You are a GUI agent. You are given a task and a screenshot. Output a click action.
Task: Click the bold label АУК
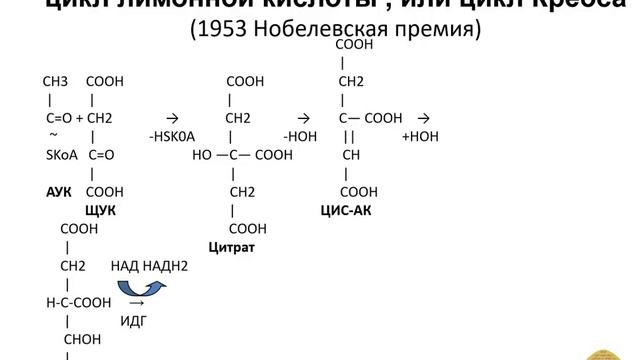pyautogui.click(x=59, y=191)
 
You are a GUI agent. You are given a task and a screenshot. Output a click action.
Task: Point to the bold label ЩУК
pyautogui.click(x=101, y=210)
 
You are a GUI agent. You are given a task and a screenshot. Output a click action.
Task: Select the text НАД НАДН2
pyautogui.click(x=150, y=265)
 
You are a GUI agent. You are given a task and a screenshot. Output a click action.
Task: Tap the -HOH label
pyautogui.click(x=300, y=136)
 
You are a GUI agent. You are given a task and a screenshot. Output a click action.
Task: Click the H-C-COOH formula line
pyautogui.click(x=77, y=303)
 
